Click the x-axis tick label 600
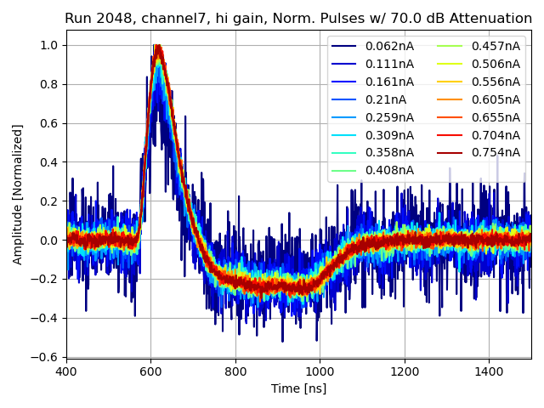point(150,371)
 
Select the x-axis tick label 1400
point(489,371)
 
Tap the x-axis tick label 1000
point(320,371)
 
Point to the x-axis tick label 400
point(66,371)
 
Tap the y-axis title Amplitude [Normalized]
point(18,194)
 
